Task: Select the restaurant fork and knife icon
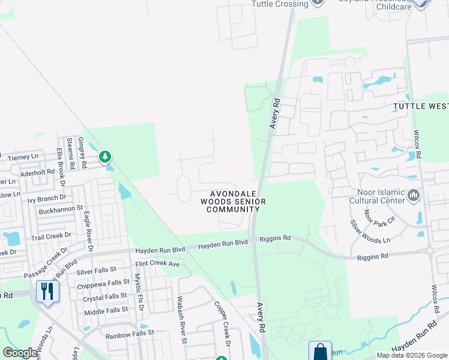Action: (x=46, y=292)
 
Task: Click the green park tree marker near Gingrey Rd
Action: (x=106, y=157)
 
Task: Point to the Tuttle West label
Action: (x=421, y=106)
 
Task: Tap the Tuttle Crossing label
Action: (x=280, y=4)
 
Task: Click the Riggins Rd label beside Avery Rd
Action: (x=275, y=238)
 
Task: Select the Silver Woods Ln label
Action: (x=370, y=231)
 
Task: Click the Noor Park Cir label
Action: (x=379, y=212)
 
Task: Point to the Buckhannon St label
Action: (x=60, y=209)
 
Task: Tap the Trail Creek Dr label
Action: (x=51, y=236)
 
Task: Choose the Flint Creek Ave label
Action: (x=158, y=263)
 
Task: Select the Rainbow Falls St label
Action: (x=130, y=332)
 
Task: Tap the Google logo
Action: (x=20, y=353)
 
